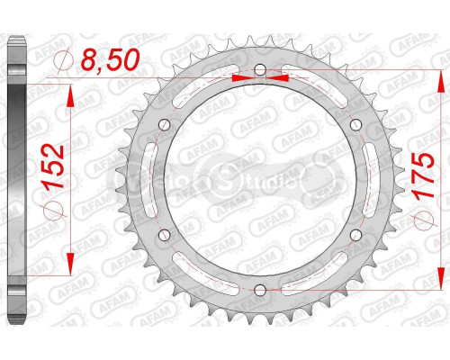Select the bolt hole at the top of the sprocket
click(259, 71)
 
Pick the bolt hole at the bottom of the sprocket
click(259, 289)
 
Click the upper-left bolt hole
click(165, 126)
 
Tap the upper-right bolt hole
click(354, 126)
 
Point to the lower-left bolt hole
click(165, 235)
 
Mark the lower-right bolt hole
click(354, 235)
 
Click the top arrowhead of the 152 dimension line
click(70, 90)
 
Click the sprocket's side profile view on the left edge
click(15, 180)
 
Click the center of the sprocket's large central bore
click(259, 180)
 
